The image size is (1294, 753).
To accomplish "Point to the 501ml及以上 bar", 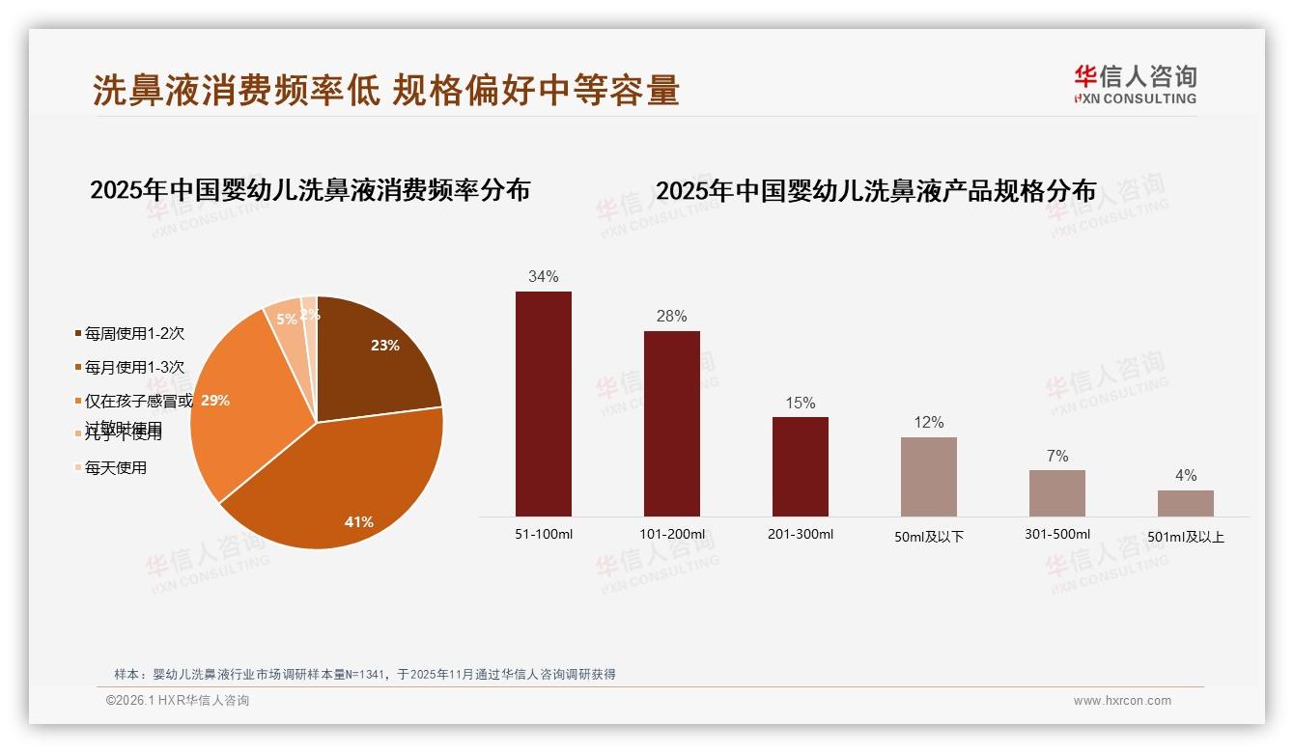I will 1186,503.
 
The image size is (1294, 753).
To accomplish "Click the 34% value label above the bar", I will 544,277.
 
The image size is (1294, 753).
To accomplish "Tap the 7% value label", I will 1057,456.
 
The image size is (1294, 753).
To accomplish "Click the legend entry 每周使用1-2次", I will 134,334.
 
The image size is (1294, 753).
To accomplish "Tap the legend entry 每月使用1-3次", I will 134,368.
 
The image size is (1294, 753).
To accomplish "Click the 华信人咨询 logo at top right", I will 1135,84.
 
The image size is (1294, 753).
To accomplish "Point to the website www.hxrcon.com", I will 1122,701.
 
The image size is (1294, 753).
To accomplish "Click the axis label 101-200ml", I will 672,534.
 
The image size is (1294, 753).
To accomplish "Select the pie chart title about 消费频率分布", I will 310,190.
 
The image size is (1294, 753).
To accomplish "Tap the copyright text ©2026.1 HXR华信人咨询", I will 178,701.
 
